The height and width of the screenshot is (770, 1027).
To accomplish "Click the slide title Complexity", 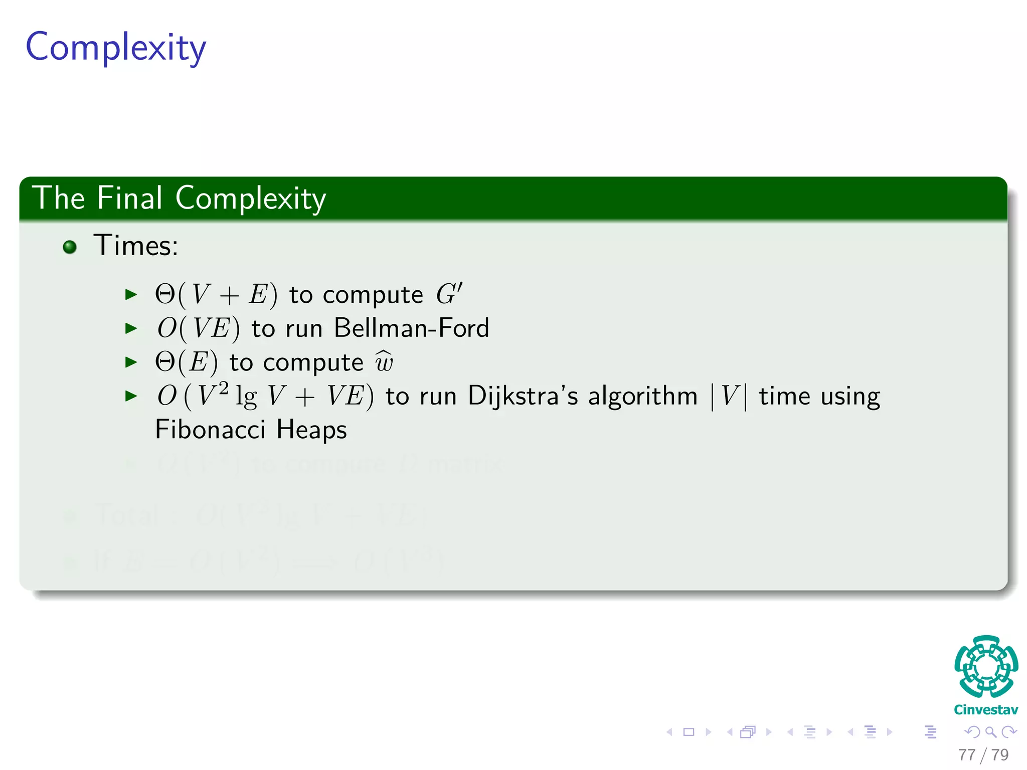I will [x=116, y=48].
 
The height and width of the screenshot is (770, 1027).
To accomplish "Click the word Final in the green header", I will [x=129, y=198].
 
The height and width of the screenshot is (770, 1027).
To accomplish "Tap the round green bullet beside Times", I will [x=70, y=247].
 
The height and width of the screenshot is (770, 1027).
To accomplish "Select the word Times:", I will [x=136, y=246].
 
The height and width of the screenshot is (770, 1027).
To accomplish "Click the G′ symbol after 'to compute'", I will [x=449, y=294].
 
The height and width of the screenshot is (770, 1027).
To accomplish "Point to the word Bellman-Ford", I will [x=411, y=328].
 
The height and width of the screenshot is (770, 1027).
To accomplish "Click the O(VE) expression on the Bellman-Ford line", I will [x=199, y=329].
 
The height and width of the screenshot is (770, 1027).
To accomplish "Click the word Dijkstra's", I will [x=523, y=396].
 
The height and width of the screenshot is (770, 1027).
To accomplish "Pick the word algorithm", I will [x=643, y=397].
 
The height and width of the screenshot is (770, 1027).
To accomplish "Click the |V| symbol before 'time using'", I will [x=729, y=397].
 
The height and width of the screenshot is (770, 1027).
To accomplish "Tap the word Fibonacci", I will [x=210, y=430].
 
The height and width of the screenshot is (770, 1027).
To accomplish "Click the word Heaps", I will [x=311, y=430].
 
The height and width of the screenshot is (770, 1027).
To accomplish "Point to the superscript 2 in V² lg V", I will [x=224, y=388].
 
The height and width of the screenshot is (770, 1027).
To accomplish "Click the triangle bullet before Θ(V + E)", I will [x=131, y=295].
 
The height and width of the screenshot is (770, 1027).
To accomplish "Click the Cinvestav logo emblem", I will [x=986, y=666].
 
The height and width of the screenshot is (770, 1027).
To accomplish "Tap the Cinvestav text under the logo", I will [x=986, y=710].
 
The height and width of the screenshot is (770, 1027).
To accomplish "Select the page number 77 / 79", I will [x=983, y=754].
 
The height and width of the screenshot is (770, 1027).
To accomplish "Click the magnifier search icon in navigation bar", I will [x=990, y=732].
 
